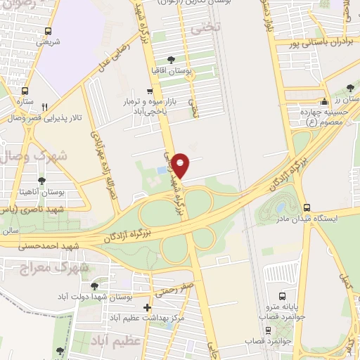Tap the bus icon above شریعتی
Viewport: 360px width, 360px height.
[x=48, y=31]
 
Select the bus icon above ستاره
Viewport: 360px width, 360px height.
[x=25, y=91]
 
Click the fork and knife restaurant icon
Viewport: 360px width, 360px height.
[x=44, y=106]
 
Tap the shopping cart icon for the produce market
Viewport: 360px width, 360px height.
[x=149, y=91]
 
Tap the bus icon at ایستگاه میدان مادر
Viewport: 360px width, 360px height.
[x=307, y=207]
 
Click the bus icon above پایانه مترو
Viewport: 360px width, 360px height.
[x=282, y=296]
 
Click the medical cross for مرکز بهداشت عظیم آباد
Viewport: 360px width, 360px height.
[x=146, y=308]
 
